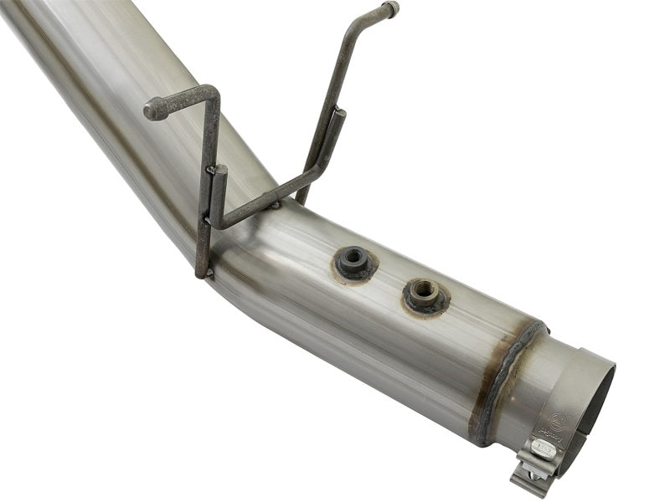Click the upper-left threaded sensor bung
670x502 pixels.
pos(354,263)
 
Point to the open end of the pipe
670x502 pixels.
pos(596,393)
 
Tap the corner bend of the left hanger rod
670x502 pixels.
pos(213,94)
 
